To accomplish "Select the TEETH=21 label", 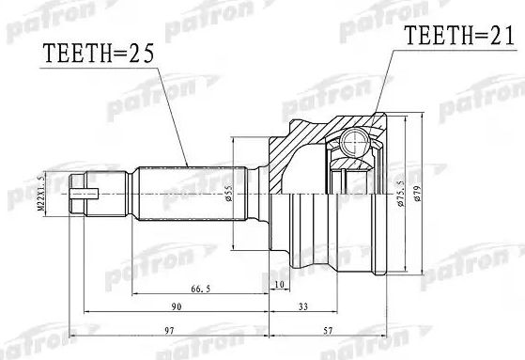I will coord(449,37).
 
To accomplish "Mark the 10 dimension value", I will coord(279,284).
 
